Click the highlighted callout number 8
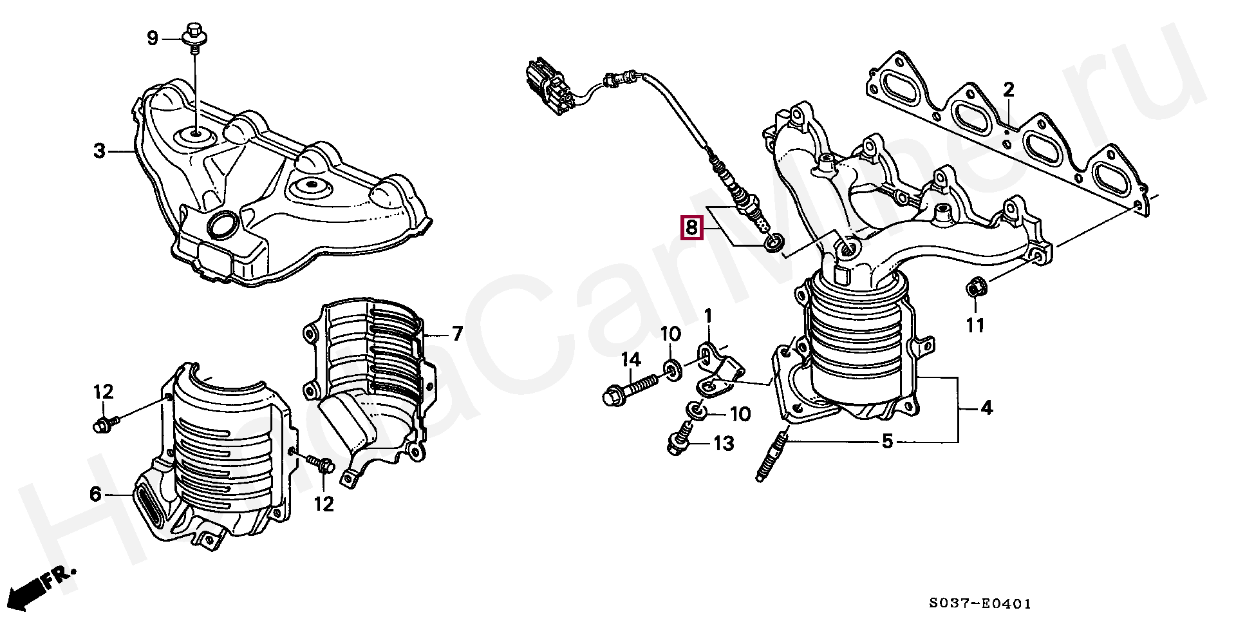(691, 227)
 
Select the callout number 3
(99, 151)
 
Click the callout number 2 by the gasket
(1008, 90)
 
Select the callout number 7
(457, 334)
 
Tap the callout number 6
(95, 495)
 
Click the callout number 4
(987, 408)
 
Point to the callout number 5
(887, 442)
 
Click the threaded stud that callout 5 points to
(770, 456)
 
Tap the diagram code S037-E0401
(980, 603)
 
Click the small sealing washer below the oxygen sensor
(774, 243)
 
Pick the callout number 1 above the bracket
(708, 316)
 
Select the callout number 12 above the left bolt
(103, 392)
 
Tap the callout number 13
(724, 443)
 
